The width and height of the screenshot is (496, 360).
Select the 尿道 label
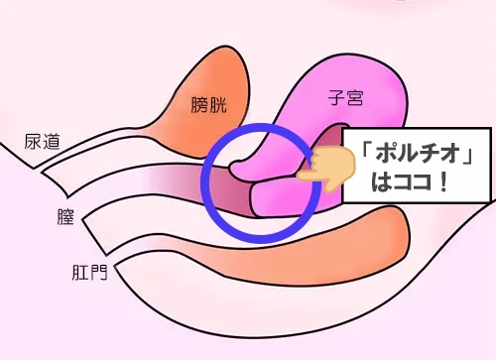pos(43,142)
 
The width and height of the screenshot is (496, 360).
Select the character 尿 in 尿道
pos(33,142)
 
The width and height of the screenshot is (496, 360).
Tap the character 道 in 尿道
pos(53,142)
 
